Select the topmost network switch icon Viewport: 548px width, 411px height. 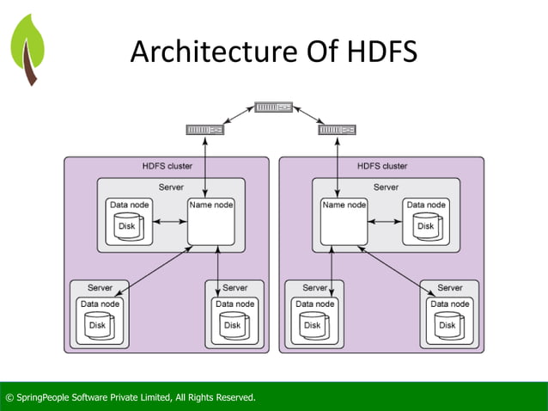[273, 107]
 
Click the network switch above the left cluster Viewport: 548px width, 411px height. [204, 130]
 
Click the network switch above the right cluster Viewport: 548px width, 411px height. [336, 130]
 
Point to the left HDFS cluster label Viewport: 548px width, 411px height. [167, 166]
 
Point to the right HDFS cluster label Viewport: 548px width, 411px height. [382, 166]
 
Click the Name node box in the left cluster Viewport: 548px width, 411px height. [211, 222]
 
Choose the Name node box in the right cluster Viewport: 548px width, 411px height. [344, 222]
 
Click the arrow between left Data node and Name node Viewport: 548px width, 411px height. [170, 223]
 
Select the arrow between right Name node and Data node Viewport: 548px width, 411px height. [385, 223]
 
